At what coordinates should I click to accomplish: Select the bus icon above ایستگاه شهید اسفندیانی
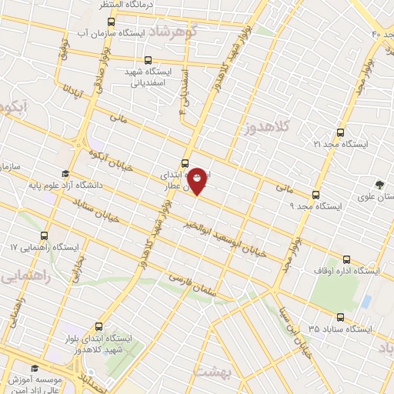(148, 60)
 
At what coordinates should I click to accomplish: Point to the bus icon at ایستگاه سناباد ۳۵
(340, 316)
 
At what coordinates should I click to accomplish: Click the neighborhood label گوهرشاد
(192, 32)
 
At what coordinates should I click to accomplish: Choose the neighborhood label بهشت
(209, 370)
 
